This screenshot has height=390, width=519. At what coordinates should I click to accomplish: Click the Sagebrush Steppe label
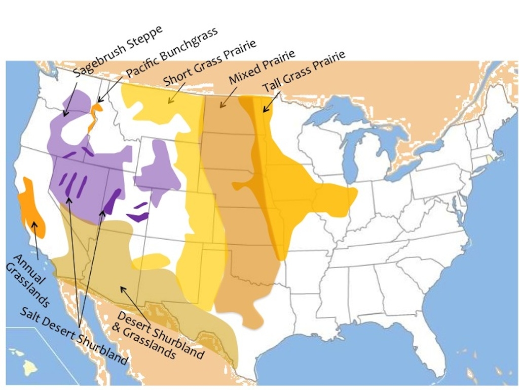[118, 51]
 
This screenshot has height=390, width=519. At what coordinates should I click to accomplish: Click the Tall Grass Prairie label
[304, 71]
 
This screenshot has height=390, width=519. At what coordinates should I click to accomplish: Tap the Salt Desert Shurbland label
[73, 335]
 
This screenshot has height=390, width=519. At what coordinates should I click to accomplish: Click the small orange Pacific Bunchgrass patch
[94, 115]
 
